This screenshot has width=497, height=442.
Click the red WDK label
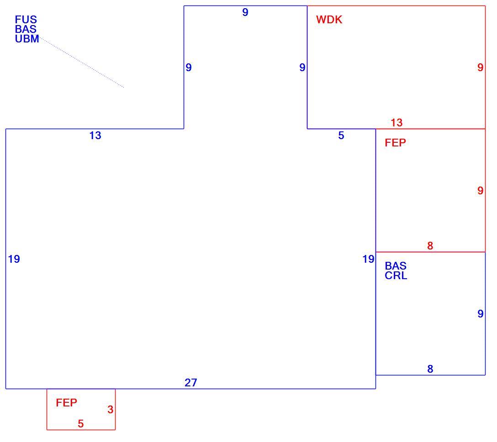tap(329, 20)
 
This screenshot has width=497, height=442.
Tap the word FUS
tap(26, 20)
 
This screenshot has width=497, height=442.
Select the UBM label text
tap(27, 39)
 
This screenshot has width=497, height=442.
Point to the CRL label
tap(396, 276)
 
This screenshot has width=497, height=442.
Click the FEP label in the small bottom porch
tap(66, 403)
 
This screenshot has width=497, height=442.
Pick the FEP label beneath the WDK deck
tap(395, 143)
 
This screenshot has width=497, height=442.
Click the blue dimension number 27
tap(191, 383)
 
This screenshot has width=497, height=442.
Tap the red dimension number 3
tap(110, 410)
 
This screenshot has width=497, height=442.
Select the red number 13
tap(397, 123)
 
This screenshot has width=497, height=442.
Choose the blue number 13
tap(95, 135)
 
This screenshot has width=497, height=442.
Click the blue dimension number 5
tap(341, 135)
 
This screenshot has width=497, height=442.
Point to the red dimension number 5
tap(81, 424)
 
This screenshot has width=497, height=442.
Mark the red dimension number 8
tap(430, 246)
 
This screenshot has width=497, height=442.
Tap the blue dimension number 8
tap(430, 369)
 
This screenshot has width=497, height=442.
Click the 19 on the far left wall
tap(14, 259)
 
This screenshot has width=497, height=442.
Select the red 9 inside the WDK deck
tap(481, 68)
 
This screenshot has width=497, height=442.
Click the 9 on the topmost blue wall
tap(245, 12)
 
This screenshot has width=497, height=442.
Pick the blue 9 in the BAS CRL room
tap(481, 314)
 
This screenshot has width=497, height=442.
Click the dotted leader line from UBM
tap(81, 62)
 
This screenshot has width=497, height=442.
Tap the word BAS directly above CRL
tap(396, 266)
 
